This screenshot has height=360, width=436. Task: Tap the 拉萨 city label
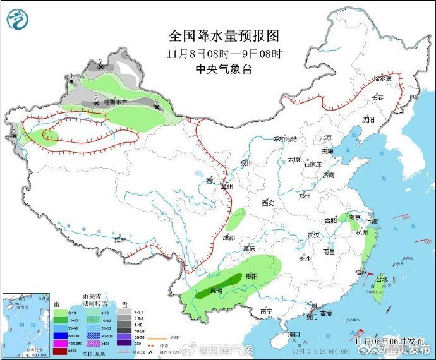pyautogui.click(x=120, y=240)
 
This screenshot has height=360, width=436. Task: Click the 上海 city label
pyautogui.click(x=371, y=222)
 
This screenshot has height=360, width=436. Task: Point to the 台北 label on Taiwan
pyautogui.click(x=382, y=279)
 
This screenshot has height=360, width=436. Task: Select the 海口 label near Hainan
pyautogui.click(x=293, y=333)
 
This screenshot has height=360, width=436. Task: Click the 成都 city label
pyautogui.click(x=229, y=237)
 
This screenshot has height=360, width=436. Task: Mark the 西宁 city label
pyautogui.click(x=211, y=181)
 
